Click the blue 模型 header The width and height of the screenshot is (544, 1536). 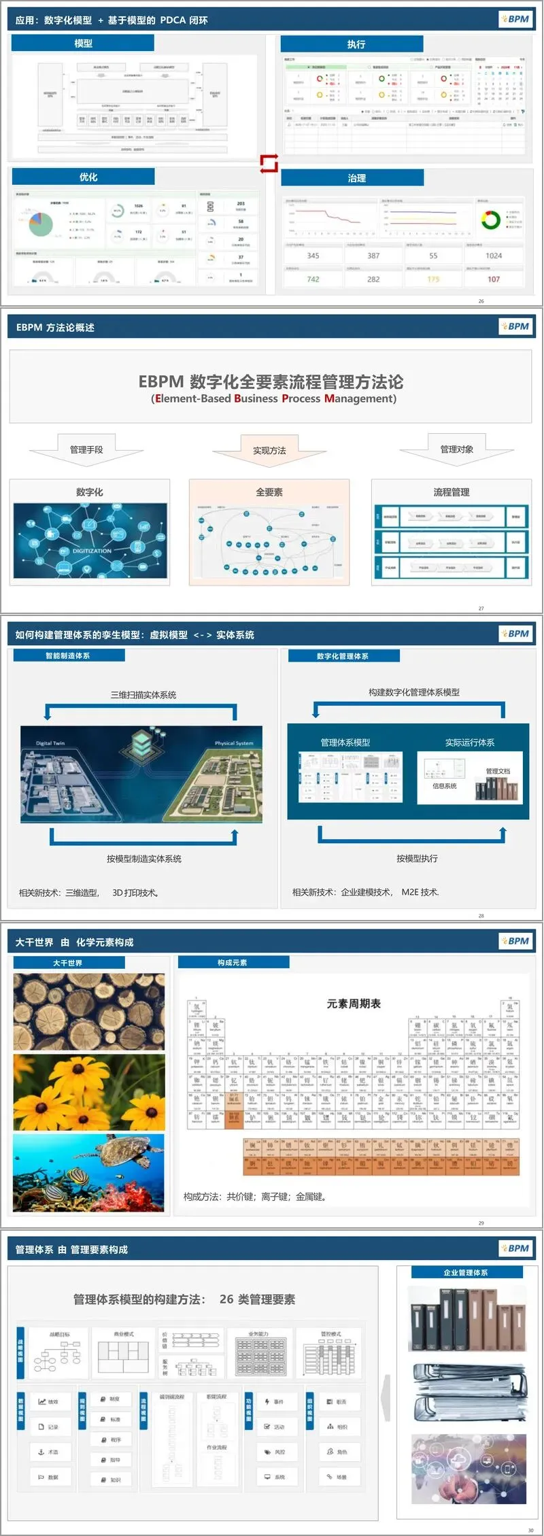coord(83,44)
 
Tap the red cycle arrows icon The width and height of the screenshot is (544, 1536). coord(269,163)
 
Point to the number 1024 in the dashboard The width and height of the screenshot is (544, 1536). coord(494,256)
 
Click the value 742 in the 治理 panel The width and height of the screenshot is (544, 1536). coord(313,279)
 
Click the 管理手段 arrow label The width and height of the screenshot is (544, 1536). coord(86,449)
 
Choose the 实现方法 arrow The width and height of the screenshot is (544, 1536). coord(269,451)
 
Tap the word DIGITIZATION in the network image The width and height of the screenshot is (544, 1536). coord(92,551)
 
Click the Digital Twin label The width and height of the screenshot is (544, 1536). coord(50,743)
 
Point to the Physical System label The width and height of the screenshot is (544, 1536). coord(234,743)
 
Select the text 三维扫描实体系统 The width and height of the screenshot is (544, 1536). coord(143,695)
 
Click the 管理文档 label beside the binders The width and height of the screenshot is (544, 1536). coord(498,771)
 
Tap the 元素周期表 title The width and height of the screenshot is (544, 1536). coord(354,1004)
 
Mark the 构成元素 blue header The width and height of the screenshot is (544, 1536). coord(233,963)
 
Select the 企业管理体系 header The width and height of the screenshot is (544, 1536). coord(466,1272)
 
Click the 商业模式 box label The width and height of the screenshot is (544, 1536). coord(124,1334)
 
